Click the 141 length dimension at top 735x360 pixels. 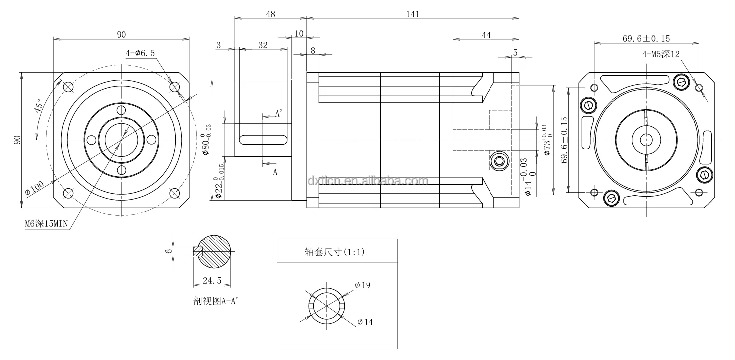point(413,14)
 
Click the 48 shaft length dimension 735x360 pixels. point(270,14)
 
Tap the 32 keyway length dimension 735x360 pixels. point(263,45)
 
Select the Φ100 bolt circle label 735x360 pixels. point(35,188)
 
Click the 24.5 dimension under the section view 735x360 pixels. point(212,281)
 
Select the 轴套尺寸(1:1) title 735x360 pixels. point(335,252)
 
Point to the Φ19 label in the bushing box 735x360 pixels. point(363,285)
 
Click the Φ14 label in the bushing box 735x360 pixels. point(365,323)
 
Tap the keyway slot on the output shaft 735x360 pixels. point(263,140)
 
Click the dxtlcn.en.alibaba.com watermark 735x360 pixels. point(368,181)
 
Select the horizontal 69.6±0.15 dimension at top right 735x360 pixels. point(646,38)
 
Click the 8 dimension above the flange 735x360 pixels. point(312,50)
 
